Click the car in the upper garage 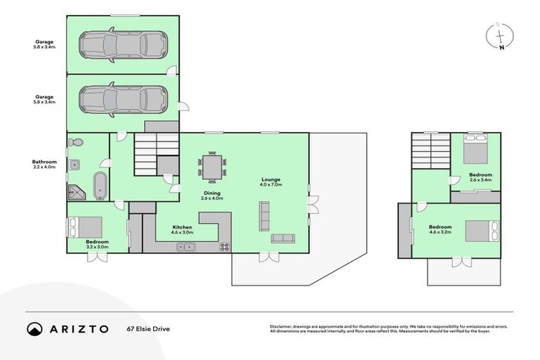pos(123,44)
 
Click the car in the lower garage pos(123,99)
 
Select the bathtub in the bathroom pos(100,185)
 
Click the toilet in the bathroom pos(77,143)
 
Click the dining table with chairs pos(212,167)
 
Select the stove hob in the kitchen pos(225,246)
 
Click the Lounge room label pos(271,180)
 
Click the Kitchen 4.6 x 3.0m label pos(183,230)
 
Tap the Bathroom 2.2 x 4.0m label pos(44,164)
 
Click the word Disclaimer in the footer pos(283,326)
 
